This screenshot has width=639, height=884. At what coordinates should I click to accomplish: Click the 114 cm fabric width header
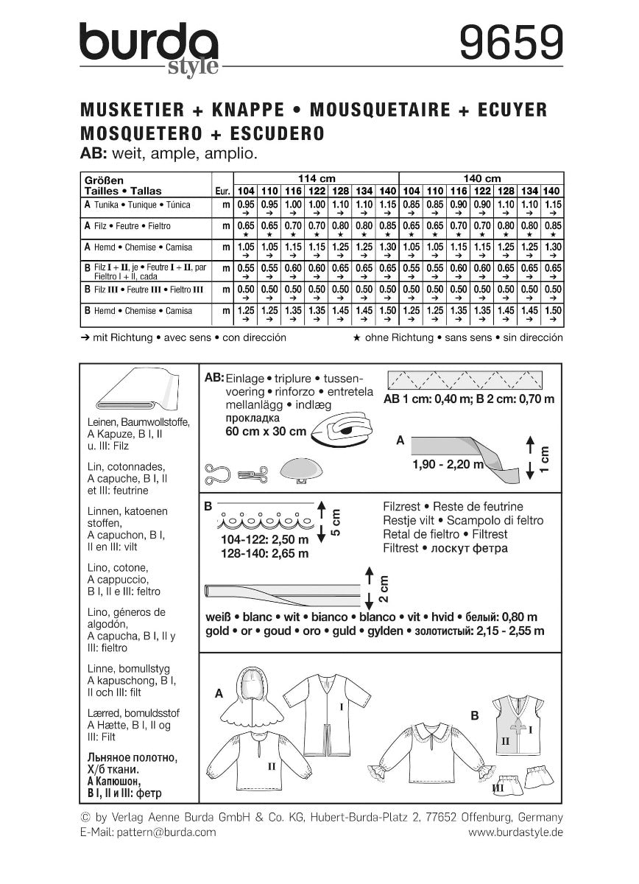click(x=314, y=178)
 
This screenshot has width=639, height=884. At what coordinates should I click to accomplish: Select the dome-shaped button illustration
click(x=300, y=470)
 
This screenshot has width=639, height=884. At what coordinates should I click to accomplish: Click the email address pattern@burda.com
click(x=148, y=831)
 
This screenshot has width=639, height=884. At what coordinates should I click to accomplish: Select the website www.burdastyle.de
click(x=515, y=831)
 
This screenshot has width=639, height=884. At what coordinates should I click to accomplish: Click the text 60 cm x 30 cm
click(x=264, y=433)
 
